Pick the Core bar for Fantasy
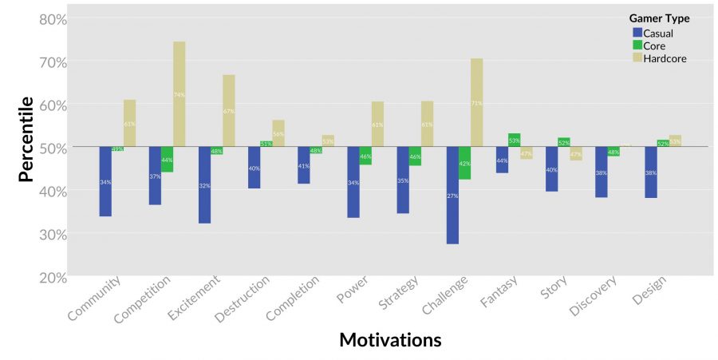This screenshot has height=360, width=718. coord(514,140)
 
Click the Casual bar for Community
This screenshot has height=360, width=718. coord(105,181)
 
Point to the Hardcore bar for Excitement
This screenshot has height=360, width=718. coord(229,111)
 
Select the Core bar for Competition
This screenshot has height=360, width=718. coord(167,160)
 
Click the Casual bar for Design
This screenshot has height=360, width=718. coord(651,172)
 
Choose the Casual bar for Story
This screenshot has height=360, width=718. coord(551,169)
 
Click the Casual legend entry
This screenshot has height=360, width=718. coord(658,33)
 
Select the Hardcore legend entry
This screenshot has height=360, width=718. coord(665,58)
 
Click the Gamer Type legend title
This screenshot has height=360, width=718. coord(659,18)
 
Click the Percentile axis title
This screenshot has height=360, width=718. coord(26,139)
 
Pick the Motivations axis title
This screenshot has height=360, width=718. coord(390,340)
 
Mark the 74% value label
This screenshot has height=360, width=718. coord(179,95)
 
